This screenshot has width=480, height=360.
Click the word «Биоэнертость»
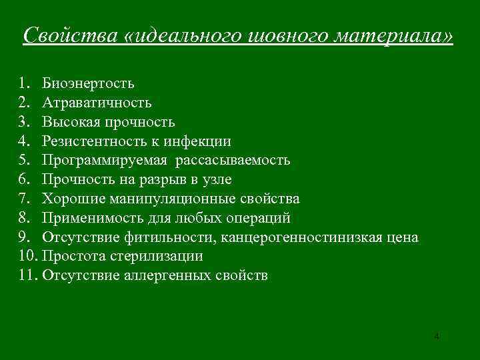(x=88, y=83)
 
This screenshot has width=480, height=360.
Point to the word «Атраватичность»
(x=97, y=103)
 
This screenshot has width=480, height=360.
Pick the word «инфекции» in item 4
(x=201, y=141)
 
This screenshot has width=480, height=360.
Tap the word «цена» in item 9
(x=401, y=237)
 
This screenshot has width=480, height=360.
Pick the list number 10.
(x=27, y=256)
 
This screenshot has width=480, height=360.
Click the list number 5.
(x=25, y=161)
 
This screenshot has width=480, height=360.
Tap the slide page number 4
(x=436, y=336)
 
